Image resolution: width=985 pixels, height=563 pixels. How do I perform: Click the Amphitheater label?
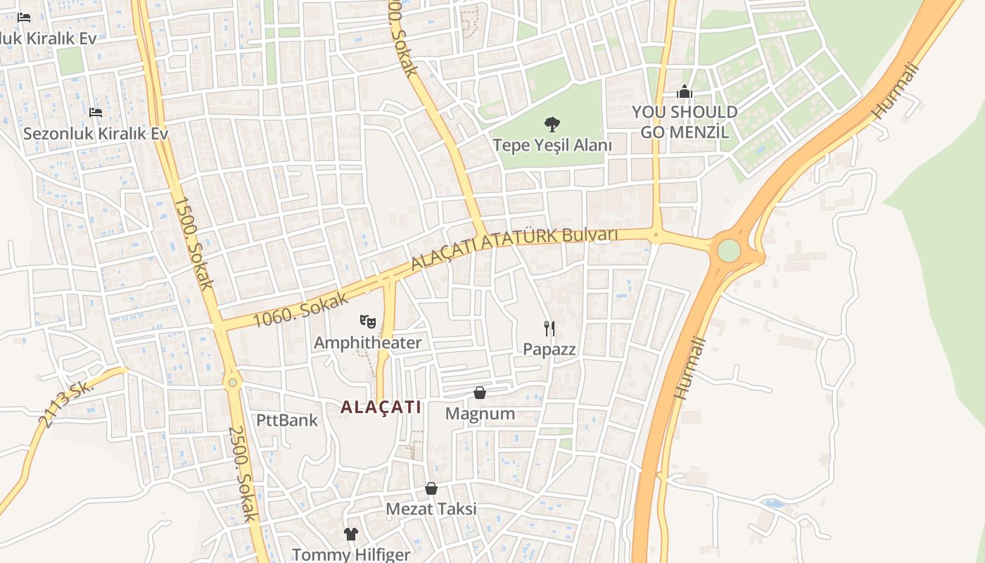tap(367, 343)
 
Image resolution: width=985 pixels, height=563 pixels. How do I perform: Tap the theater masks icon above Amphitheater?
tap(367, 322)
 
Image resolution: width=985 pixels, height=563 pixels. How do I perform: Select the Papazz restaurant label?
tap(549, 349)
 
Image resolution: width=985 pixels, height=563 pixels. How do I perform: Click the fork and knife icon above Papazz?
tap(549, 328)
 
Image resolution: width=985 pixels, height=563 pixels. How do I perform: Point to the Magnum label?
tap(480, 414)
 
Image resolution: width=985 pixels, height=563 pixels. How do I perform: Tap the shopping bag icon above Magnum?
tap(480, 393)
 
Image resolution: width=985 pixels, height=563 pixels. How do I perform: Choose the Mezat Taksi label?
tap(431, 509)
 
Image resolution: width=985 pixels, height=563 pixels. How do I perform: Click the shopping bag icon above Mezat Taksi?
tap(431, 488)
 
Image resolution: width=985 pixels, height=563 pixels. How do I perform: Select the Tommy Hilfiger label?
tap(350, 555)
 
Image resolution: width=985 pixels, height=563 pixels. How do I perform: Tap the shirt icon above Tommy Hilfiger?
tap(351, 534)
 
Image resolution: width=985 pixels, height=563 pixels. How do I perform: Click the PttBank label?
tap(286, 421)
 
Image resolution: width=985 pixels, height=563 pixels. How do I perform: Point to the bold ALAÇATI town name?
tap(381, 407)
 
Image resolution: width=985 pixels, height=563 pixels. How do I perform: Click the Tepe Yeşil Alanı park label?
tap(552, 146)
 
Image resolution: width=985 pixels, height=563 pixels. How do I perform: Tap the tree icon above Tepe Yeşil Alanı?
tap(552, 125)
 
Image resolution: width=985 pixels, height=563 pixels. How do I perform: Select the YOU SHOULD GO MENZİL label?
tap(684, 122)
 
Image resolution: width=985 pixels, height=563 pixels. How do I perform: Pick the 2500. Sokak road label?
tap(243, 474)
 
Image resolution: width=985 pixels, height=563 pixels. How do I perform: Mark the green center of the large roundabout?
tap(729, 250)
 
